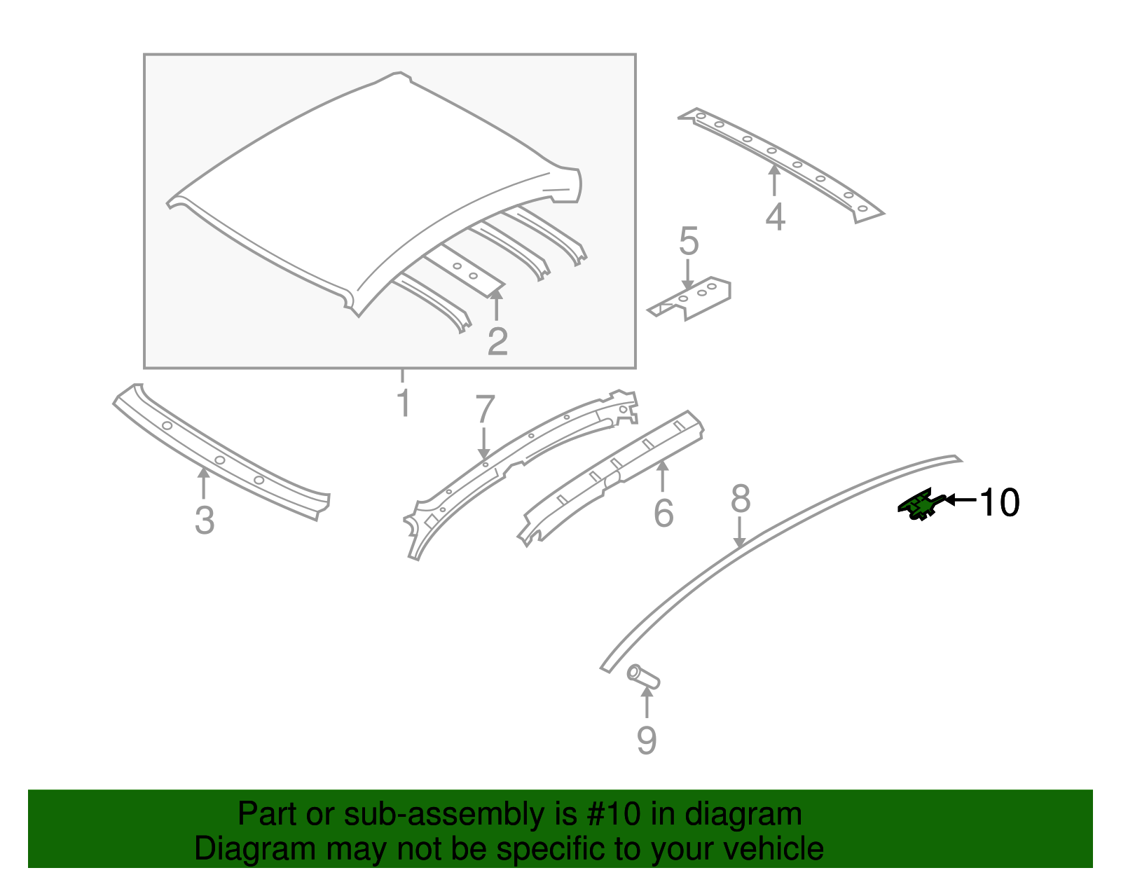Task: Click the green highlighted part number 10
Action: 920,504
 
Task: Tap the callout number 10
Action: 999,502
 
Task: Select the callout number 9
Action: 646,740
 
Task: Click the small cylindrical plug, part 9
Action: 643,677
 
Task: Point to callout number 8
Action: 741,499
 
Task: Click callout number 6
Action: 663,514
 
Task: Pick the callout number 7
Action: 485,410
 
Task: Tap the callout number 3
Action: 204,521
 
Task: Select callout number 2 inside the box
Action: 497,341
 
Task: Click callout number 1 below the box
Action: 403,403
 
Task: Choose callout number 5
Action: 689,242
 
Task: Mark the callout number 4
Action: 775,216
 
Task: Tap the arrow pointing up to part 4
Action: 774,180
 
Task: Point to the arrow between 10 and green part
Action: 960,499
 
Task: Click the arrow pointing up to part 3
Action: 204,483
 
